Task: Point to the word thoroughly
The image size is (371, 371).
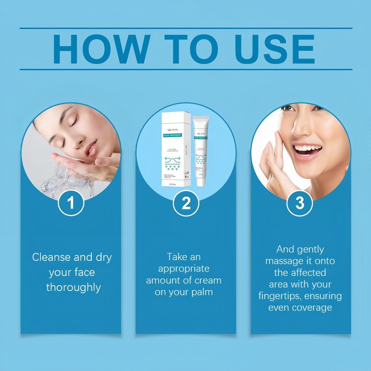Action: point(73,288)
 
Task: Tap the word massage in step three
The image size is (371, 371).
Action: point(283,261)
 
